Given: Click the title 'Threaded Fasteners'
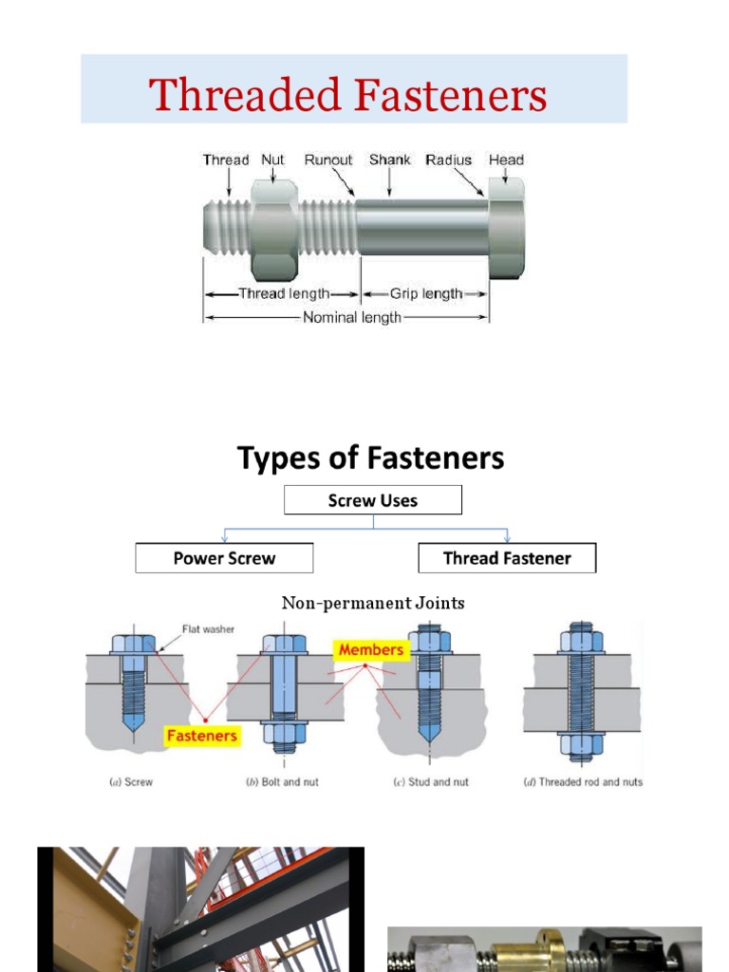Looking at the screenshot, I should [348, 96].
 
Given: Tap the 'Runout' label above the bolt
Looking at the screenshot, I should [328, 159].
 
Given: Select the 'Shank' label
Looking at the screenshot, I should [390, 159].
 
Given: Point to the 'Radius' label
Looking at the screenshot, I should [449, 159].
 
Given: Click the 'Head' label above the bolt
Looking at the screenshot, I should [506, 159].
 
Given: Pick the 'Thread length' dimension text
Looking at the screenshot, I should [284, 293].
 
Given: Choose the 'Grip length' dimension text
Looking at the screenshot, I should [426, 293].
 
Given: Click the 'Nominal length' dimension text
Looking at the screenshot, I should [351, 317].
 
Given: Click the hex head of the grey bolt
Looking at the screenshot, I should [506, 229].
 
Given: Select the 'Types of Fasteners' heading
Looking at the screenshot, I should [370, 458].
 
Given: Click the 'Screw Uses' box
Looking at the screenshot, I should [373, 500].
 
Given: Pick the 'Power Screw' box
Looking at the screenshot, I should [224, 558].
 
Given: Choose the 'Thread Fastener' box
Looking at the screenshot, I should [507, 558].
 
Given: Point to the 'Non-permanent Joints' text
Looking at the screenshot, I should [373, 603].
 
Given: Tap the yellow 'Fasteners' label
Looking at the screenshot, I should [201, 735].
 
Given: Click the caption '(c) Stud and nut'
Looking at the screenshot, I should [432, 782].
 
